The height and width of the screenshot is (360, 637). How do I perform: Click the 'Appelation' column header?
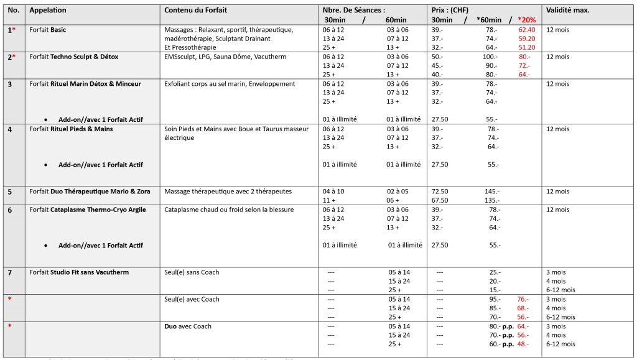coord(48,11)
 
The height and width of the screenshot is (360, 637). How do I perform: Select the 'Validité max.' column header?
coord(567,11)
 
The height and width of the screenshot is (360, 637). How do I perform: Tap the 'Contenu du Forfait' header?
coord(194,11)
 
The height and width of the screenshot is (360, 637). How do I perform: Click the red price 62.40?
coord(526,29)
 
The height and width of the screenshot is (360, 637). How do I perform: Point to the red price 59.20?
coord(526,38)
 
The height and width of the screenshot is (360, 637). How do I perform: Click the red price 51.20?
coord(526,47)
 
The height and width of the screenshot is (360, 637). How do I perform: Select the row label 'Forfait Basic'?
coord(49,29)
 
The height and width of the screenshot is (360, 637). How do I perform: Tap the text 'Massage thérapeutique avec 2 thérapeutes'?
coord(228,191)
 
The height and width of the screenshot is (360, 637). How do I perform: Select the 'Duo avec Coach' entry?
coord(187,326)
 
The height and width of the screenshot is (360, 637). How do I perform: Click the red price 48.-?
coord(523,344)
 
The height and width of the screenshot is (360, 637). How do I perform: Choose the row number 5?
coord(9,191)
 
